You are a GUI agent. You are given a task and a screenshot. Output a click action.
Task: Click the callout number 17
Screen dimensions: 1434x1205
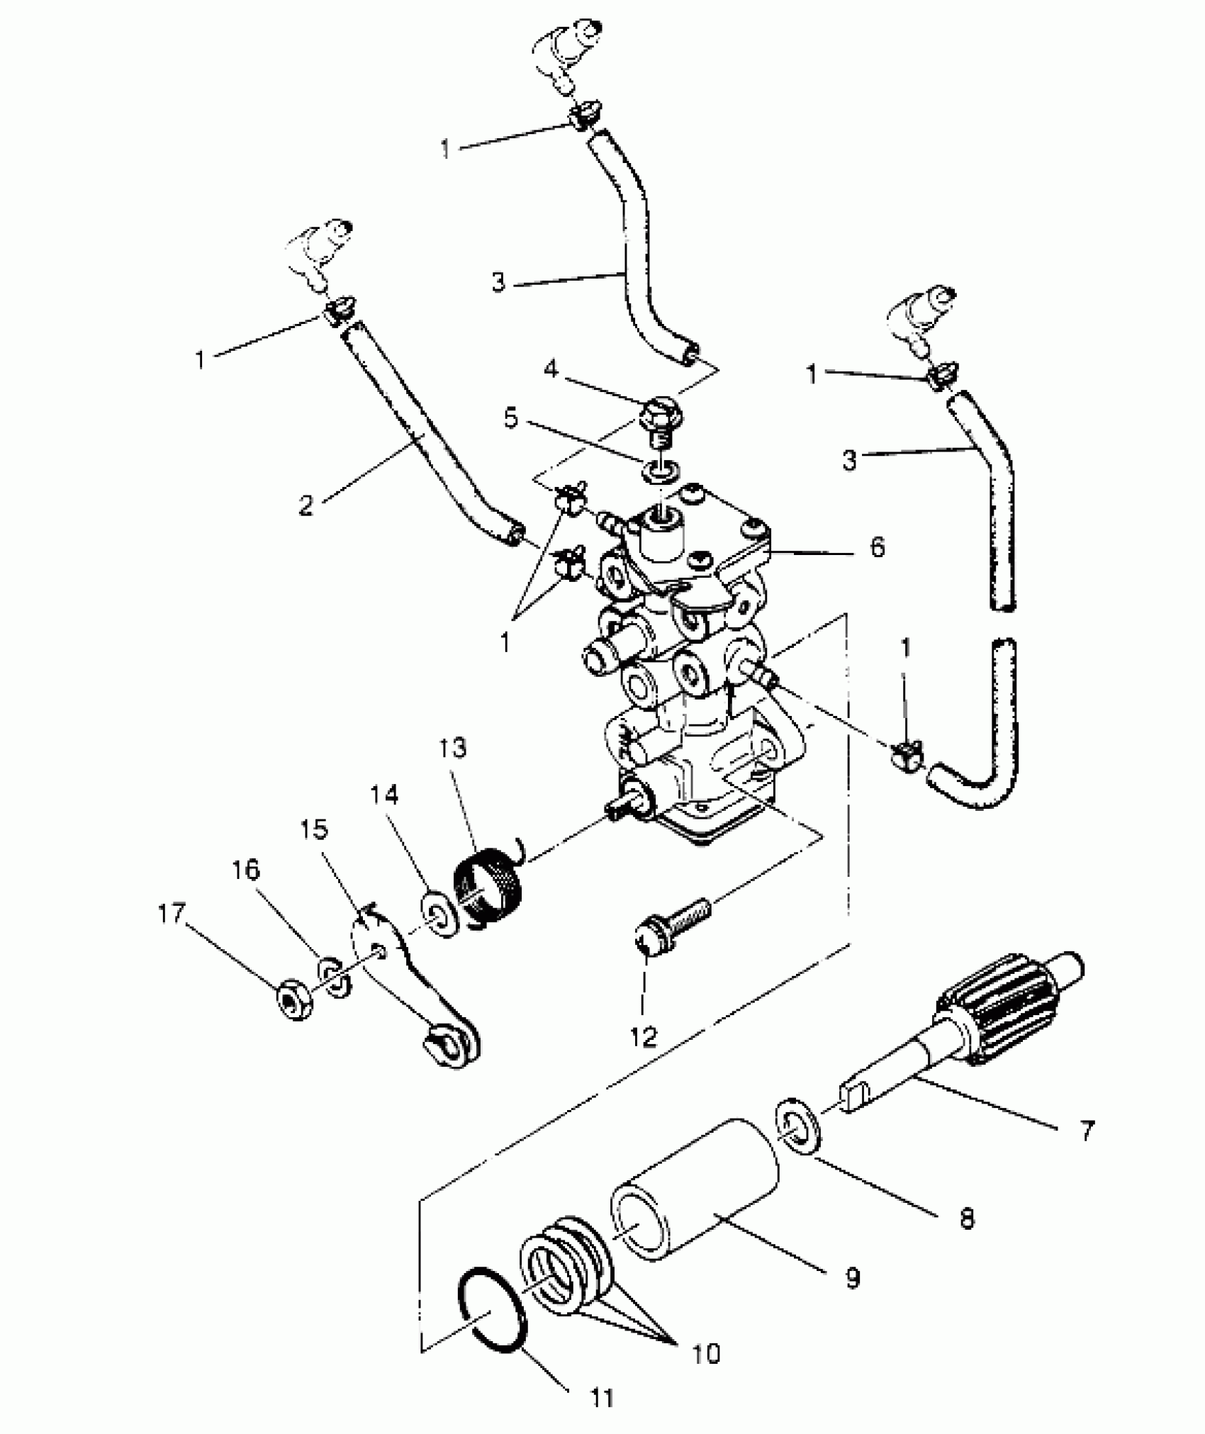172,915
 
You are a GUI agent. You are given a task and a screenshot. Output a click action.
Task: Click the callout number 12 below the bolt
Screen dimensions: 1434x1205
644,1036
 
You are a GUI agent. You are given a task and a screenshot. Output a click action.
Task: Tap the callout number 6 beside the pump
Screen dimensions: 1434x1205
878,547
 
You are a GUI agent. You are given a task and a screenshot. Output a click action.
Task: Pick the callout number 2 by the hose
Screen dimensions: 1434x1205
306,505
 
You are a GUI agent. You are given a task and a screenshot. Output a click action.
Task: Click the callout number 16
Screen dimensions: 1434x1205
247,870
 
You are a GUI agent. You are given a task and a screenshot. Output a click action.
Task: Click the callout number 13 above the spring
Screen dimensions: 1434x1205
453,748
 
